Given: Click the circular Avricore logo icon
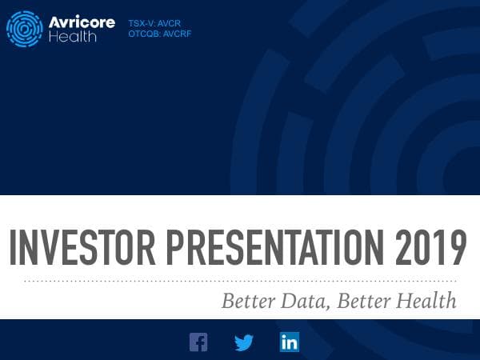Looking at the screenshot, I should pyautogui.click(x=25, y=30).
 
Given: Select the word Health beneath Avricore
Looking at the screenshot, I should pyautogui.click(x=73, y=38).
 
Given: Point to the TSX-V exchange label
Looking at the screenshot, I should pyautogui.click(x=142, y=24).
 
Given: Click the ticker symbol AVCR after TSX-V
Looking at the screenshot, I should pyautogui.click(x=171, y=24).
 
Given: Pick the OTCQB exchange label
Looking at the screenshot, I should pyautogui.click(x=145, y=34).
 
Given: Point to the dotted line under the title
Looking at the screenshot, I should pyautogui.click(x=240, y=281).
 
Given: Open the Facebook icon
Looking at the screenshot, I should pyautogui.click(x=198, y=342).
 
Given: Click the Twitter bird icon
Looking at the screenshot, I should pyautogui.click(x=244, y=342).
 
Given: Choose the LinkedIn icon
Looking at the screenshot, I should pyautogui.click(x=290, y=342).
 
